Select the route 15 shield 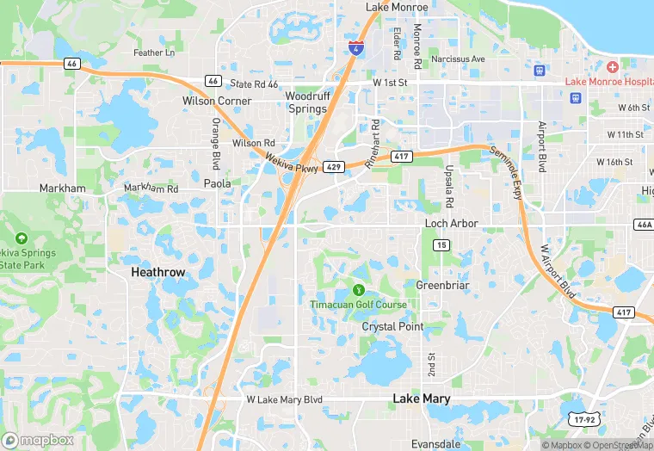[x=441, y=245]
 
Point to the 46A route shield [x=643, y=224]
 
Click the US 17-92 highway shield [x=583, y=417]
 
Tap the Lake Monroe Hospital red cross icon [x=612, y=67]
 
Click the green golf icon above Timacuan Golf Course [x=359, y=290]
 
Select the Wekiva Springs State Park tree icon [x=22, y=238]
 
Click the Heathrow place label [x=158, y=272]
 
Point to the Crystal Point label [x=392, y=327]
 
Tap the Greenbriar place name [x=441, y=285]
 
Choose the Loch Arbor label [x=451, y=224]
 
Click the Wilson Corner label [x=217, y=101]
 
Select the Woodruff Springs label [x=306, y=102]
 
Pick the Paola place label [x=217, y=183]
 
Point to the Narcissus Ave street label [x=459, y=59]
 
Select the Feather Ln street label [x=154, y=53]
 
